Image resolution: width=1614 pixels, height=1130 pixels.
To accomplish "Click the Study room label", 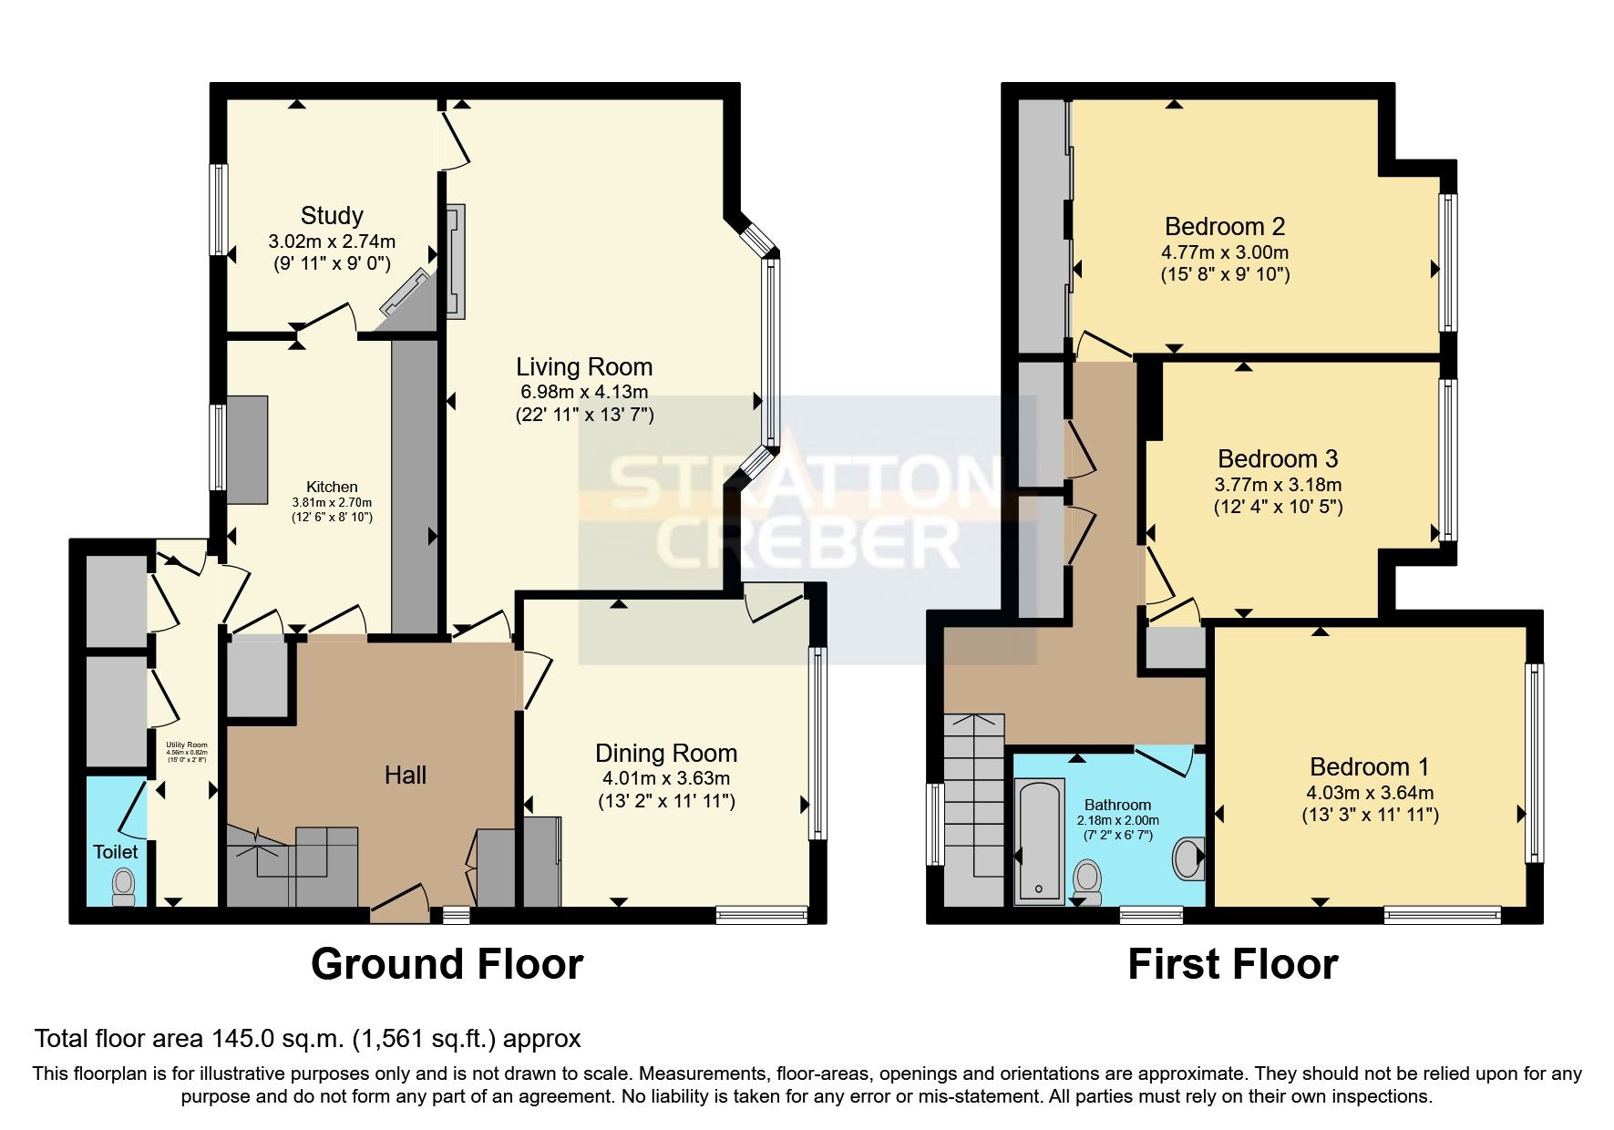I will coord(332,216).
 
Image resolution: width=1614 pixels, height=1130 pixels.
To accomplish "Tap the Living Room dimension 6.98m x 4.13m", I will coord(584,392).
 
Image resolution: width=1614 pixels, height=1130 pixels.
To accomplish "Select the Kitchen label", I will coord(332,487).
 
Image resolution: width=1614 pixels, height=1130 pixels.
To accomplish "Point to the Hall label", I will coord(406,776).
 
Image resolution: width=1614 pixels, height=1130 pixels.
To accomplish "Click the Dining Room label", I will coord(666,753).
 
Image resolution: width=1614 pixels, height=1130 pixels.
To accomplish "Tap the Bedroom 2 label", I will coord(1225,226).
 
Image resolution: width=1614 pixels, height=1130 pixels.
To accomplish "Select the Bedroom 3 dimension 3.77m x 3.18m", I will coord(1278,485).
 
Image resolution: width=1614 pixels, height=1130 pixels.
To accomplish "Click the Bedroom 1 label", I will coord(1369,766).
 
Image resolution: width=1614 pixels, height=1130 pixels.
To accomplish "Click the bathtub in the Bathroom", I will coord(1039,840).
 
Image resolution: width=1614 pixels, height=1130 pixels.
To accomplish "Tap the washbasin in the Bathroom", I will coord(1187,858).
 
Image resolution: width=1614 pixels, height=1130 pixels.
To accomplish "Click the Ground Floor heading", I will coord(447,964).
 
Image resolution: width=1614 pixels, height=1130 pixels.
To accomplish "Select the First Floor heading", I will coord(1232,964).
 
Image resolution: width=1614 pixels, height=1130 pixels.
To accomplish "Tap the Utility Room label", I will coord(186,745).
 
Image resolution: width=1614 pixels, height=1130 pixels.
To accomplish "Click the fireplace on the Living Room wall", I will coord(455,262).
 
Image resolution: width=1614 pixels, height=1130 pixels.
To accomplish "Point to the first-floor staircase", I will coord(972,802).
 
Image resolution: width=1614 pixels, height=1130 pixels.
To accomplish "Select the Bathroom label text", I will coord(1117,805).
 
